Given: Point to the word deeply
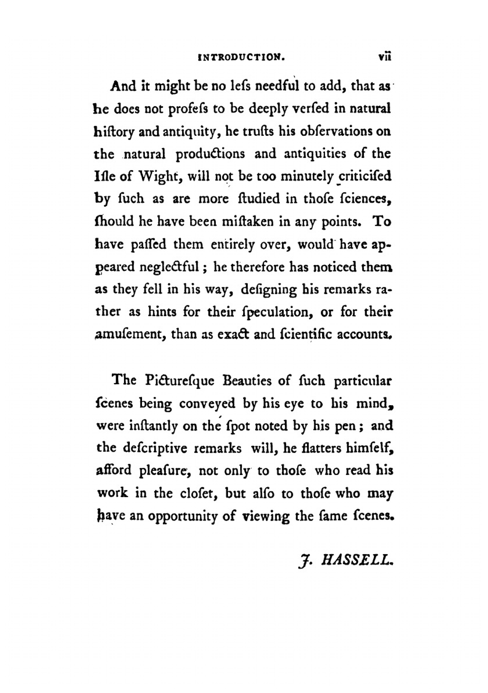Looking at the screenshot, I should (269, 109).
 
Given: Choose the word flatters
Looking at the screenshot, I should (313, 448).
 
